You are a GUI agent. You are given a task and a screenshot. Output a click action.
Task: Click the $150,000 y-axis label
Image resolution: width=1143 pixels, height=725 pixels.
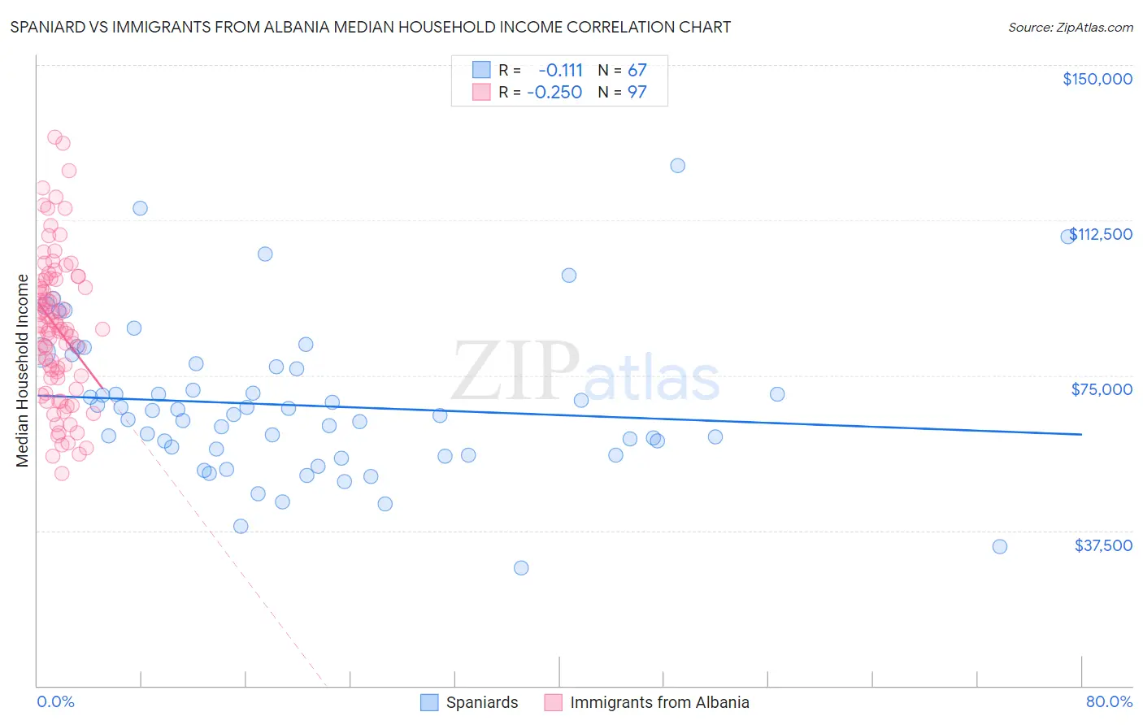click(x=1097, y=79)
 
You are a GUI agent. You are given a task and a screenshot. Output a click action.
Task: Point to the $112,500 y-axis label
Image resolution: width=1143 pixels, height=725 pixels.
click(x=1101, y=234)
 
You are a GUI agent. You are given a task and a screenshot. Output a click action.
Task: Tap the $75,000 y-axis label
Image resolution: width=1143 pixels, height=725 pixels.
click(x=1102, y=389)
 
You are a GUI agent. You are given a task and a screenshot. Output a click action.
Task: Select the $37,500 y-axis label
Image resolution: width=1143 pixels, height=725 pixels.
click(x=1103, y=545)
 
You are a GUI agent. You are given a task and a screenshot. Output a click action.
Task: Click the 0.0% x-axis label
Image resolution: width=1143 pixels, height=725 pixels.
click(x=55, y=701)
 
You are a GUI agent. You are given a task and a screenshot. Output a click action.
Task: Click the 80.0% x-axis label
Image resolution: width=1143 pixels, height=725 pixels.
click(x=1109, y=701)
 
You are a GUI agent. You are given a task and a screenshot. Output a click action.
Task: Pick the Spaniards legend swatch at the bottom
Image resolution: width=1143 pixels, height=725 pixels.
click(x=429, y=702)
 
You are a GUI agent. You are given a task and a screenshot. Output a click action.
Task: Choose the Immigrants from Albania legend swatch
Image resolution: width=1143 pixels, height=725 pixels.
click(x=554, y=702)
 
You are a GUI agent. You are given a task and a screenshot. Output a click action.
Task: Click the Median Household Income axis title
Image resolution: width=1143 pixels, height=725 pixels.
click(x=22, y=371)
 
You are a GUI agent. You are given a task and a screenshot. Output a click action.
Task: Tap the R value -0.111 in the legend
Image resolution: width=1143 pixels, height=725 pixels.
click(x=560, y=70)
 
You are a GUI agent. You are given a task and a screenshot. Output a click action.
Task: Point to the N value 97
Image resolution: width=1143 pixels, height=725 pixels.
click(x=637, y=92)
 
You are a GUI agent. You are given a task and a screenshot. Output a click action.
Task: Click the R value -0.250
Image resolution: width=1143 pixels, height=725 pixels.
click(x=554, y=92)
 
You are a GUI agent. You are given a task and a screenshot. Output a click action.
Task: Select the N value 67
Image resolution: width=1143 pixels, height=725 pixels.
click(x=637, y=70)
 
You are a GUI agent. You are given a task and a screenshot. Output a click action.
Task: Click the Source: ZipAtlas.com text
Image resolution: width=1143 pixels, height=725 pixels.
click(x=1070, y=27)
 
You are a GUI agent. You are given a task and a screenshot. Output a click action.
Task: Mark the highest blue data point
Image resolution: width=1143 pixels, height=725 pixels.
click(x=677, y=165)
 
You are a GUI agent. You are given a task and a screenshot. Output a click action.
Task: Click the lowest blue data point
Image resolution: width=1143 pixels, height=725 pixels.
click(x=521, y=567)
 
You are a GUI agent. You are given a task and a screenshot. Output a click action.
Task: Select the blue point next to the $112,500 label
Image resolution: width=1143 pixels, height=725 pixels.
click(x=1067, y=237)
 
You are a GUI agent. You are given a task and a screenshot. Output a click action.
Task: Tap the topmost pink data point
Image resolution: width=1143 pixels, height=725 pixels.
click(x=54, y=137)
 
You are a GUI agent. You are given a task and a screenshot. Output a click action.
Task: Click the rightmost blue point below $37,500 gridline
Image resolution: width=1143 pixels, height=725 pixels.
click(x=1000, y=546)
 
